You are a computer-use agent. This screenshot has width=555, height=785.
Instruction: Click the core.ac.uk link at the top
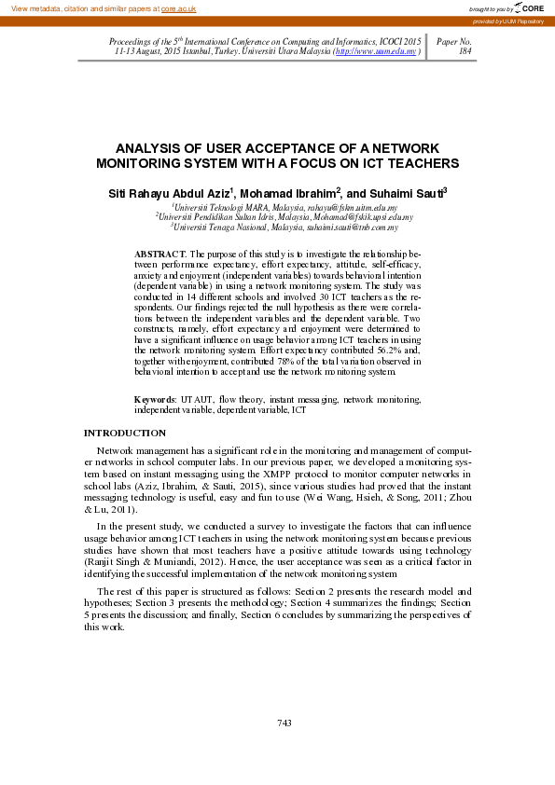click(177, 8)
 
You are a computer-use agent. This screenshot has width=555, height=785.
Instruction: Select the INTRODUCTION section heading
click(125, 433)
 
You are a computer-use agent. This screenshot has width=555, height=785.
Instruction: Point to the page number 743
click(285, 723)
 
